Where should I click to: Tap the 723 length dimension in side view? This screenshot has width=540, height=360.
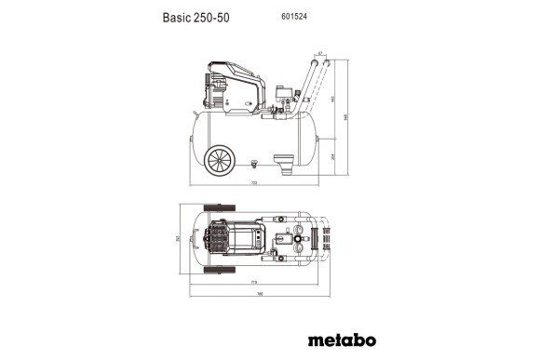click(254, 183)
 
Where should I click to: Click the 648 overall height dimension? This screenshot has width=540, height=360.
click(347, 116)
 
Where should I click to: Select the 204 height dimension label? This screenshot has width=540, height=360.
click(332, 156)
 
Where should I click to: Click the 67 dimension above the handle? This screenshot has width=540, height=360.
click(318, 54)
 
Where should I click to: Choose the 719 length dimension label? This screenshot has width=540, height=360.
click(253, 282)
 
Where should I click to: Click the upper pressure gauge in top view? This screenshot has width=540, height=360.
click(299, 228)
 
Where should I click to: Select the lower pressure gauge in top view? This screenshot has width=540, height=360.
click(299, 247)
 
